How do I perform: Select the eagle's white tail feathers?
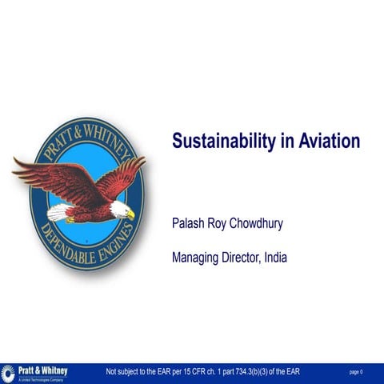[x=59, y=212]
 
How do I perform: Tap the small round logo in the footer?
[x=8, y=372]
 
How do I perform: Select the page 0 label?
[x=356, y=372]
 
